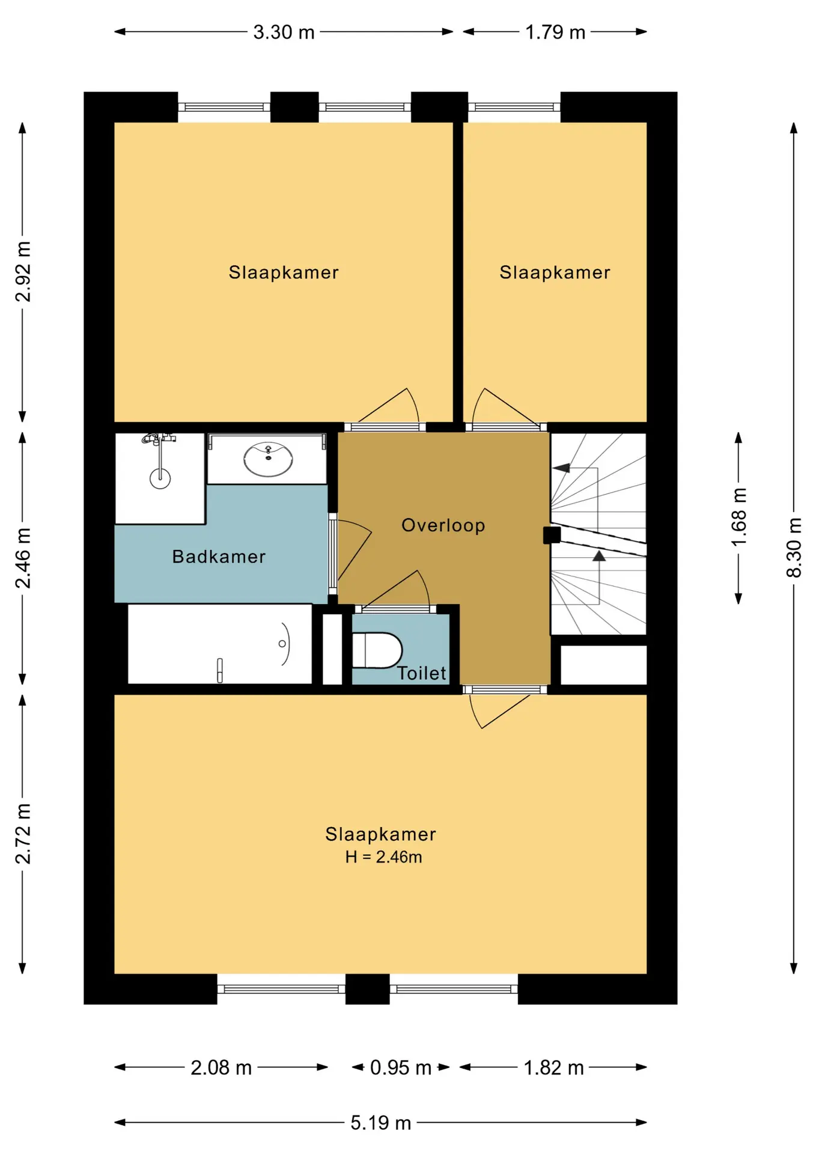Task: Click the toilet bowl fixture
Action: point(377,650)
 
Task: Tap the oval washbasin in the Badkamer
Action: point(268,459)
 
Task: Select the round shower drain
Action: point(160,478)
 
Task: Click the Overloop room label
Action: point(443,525)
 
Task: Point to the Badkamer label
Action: point(219,557)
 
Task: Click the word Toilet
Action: point(422,673)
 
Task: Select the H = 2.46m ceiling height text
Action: point(383,857)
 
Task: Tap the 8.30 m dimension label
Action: point(794,548)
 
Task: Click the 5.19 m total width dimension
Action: point(381,1122)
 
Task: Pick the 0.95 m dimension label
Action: point(401,1067)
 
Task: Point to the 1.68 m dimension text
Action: point(738,517)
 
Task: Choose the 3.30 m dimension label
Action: point(284,32)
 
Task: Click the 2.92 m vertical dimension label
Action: point(23,272)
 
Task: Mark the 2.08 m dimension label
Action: point(221,1067)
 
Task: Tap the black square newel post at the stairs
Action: point(552,535)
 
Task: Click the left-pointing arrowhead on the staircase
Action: point(561,468)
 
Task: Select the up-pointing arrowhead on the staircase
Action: point(599,555)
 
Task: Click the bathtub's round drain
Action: point(282,644)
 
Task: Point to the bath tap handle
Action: point(220,670)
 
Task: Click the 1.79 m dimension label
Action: point(555,32)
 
